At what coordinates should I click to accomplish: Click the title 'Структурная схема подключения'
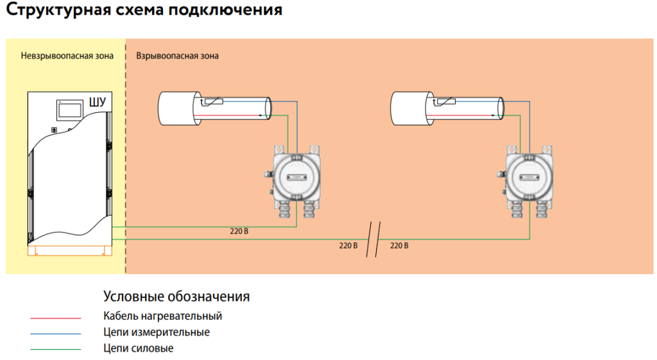[144, 9]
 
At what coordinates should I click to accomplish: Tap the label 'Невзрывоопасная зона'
[67, 56]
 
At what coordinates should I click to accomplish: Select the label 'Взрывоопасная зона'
[177, 56]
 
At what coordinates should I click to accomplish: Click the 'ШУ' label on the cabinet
[98, 102]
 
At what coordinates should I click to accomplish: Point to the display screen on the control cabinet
[69, 110]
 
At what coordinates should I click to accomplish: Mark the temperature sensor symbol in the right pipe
[444, 101]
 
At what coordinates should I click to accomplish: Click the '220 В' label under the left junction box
[239, 232]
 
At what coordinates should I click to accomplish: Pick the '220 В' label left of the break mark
[348, 246]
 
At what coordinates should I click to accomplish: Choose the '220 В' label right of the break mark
[399, 246]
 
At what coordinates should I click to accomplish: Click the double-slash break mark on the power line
[373, 240]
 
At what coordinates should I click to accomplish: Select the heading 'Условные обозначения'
[176, 296]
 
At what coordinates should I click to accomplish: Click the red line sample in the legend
[56, 318]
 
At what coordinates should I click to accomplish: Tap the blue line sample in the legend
[56, 334]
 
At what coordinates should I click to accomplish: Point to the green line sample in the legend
[56, 349]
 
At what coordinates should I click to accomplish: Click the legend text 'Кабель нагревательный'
[162, 316]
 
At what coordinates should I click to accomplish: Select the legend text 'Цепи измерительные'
[157, 332]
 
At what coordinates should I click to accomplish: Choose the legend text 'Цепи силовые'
[139, 348]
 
